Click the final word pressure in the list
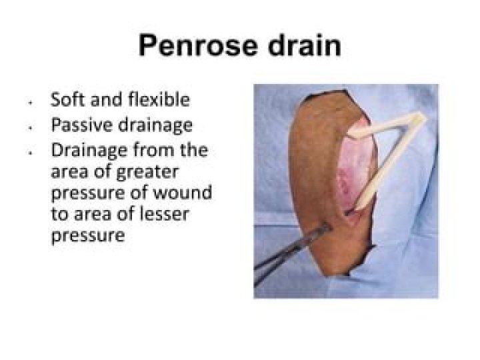pyautogui.click(x=88, y=235)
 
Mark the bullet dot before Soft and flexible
pyautogui.click(x=31, y=103)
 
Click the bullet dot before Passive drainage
pyautogui.click(x=31, y=127)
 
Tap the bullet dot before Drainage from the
pyautogui.click(x=31, y=153)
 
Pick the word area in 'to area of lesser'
pyautogui.click(x=86, y=214)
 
